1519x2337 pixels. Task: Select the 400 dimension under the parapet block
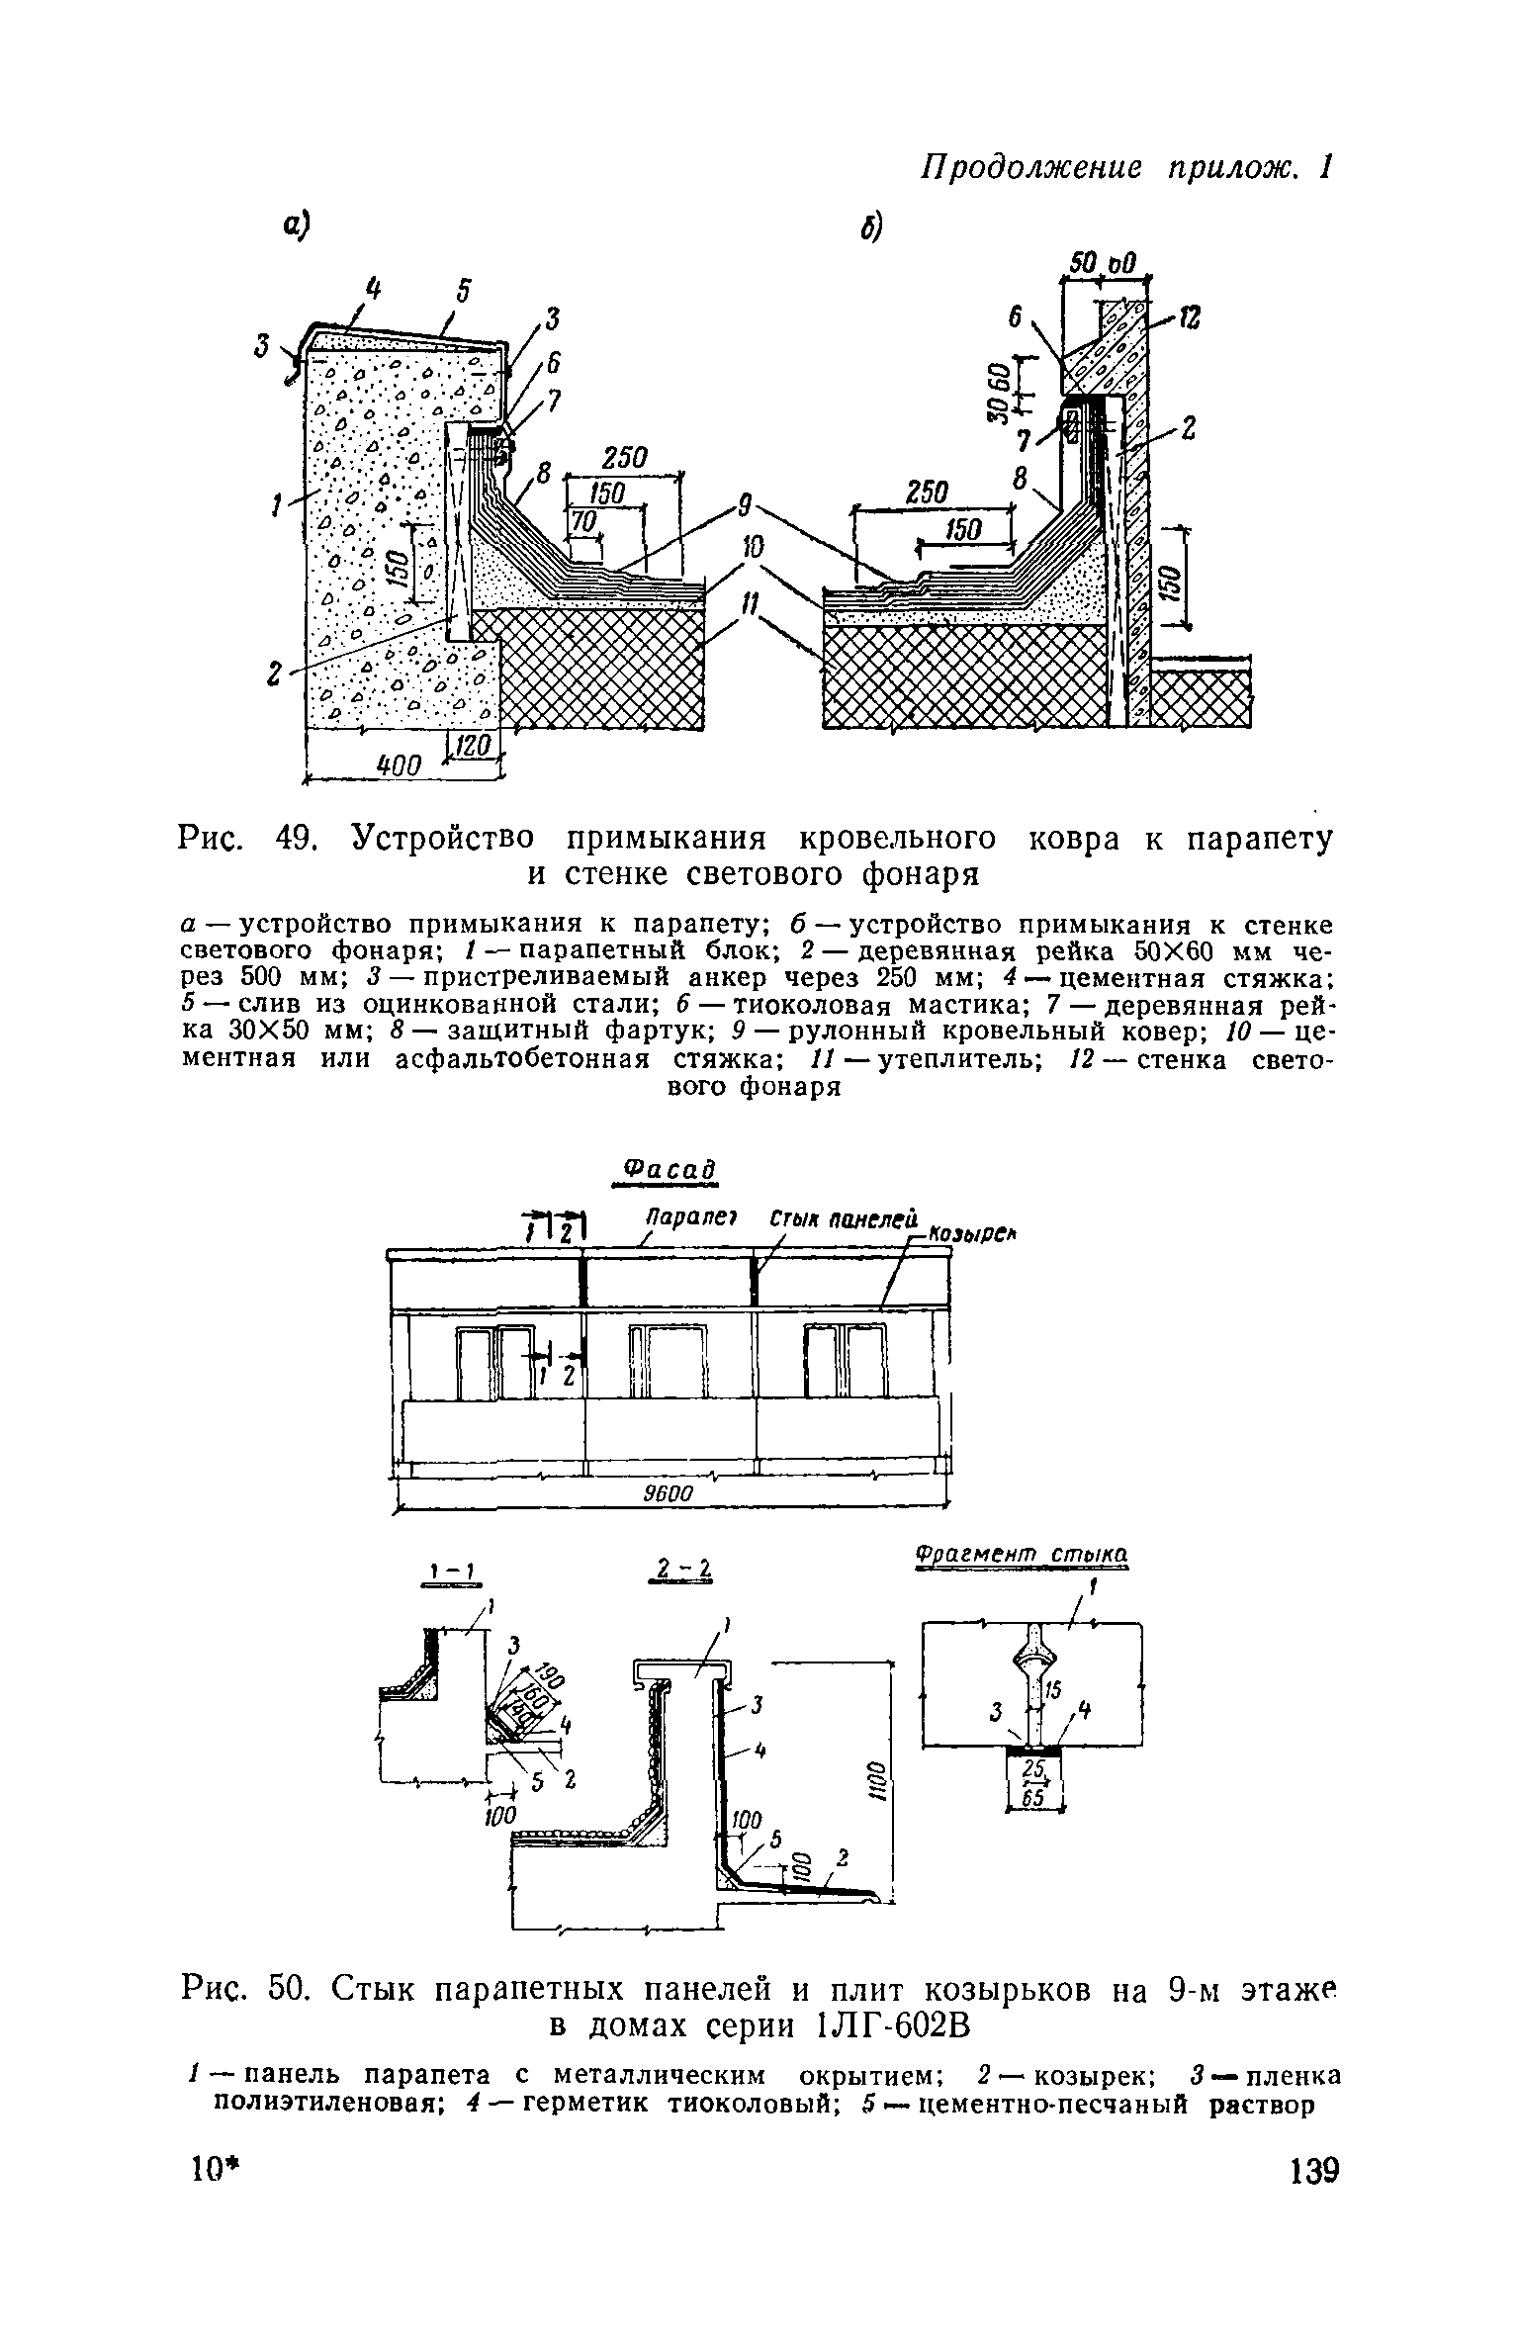pyautogui.click(x=402, y=764)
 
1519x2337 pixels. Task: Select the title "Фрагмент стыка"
pyautogui.click(x=1022, y=1555)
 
